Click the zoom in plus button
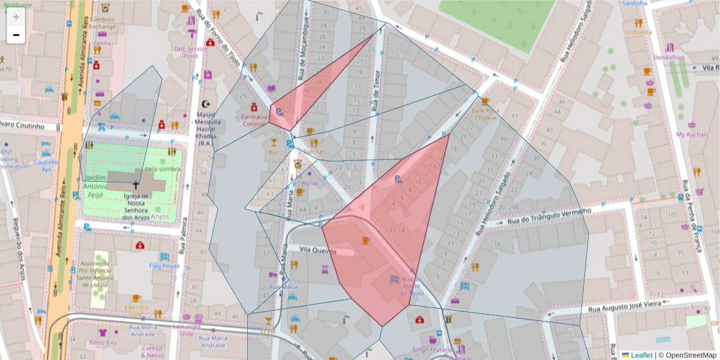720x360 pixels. (x=16, y=17)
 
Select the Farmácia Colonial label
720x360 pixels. (x=254, y=120)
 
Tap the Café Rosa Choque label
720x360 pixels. (x=485, y=114)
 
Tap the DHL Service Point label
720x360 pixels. (x=190, y=52)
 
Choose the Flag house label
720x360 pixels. (x=164, y=266)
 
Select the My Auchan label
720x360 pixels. (x=691, y=134)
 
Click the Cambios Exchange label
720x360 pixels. (x=103, y=23)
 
